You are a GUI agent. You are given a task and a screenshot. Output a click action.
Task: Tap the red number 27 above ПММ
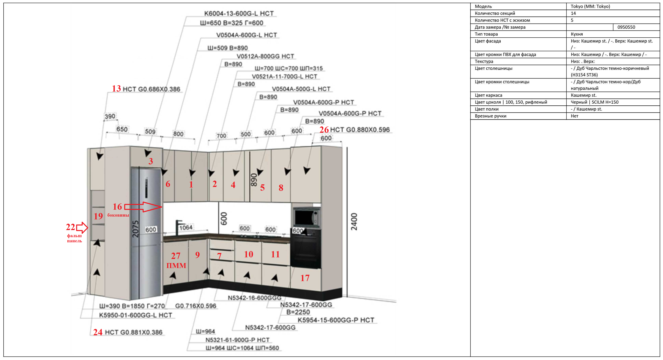[x=176, y=256]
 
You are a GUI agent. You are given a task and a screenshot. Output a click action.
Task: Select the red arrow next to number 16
[x=143, y=207]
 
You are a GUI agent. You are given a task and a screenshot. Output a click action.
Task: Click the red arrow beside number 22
[x=82, y=227]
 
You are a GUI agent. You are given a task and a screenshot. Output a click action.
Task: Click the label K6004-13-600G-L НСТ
[x=239, y=13]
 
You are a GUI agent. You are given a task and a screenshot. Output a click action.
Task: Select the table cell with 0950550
[x=636, y=27]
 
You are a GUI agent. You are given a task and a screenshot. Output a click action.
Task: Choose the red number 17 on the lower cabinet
[x=305, y=278]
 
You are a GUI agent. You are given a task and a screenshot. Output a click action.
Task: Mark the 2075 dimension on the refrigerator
[x=135, y=229]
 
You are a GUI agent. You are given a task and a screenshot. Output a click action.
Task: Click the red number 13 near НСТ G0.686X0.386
[x=116, y=89]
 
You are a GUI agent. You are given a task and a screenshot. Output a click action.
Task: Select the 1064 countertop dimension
[x=186, y=227]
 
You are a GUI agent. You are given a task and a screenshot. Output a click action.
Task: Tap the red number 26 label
[x=324, y=130]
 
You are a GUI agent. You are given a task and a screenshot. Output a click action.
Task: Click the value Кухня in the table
[x=577, y=34]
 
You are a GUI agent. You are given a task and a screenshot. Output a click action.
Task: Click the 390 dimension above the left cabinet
[x=110, y=116]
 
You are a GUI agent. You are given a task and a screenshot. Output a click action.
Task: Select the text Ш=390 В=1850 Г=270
[x=132, y=306]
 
